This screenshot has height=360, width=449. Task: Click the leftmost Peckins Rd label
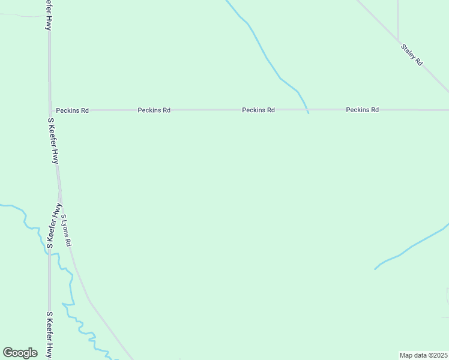72,110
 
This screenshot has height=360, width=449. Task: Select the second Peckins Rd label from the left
154,110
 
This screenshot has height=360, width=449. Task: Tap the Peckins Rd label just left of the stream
258,110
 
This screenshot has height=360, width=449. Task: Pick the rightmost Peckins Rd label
362,110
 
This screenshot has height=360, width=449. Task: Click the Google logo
20,353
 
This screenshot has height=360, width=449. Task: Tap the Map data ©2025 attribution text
423,355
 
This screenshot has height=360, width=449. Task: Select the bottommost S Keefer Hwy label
49,335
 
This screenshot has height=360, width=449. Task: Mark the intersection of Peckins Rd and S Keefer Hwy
50,110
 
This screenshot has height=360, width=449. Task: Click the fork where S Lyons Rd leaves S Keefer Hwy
59,193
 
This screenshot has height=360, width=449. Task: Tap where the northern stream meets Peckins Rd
307,110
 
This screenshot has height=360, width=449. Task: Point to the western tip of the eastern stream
375,269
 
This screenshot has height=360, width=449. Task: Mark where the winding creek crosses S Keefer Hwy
50,254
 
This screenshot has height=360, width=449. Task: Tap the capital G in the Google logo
8,352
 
